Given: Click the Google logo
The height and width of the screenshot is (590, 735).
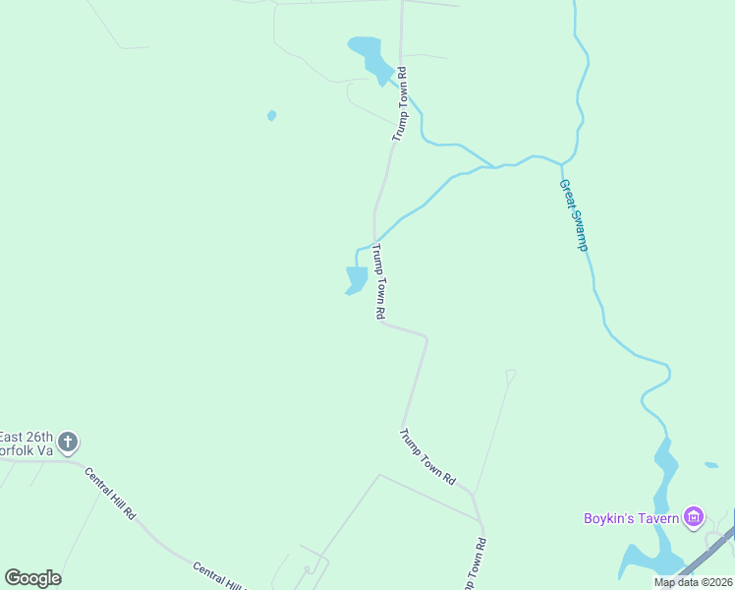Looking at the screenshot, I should click(x=32, y=578).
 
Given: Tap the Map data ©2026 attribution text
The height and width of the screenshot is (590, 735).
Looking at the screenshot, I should click(x=693, y=582).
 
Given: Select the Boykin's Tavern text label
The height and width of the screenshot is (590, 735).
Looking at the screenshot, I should click(x=631, y=517).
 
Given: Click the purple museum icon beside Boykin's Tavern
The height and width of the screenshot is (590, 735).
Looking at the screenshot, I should click(x=695, y=516).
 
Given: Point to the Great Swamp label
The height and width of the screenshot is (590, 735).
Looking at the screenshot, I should click(x=573, y=214).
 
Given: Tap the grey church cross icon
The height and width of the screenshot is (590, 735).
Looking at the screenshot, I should click(x=68, y=442).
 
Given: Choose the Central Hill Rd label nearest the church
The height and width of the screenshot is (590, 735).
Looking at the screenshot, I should click(x=110, y=495).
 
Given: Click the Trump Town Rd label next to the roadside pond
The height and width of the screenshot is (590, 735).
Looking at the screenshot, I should click(x=377, y=282).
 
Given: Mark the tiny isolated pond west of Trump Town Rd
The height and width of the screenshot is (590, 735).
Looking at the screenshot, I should click(x=271, y=115).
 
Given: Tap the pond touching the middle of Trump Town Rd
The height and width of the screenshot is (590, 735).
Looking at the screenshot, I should click(x=357, y=279).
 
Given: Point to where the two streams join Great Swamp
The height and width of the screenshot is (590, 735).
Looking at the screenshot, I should click(x=561, y=162).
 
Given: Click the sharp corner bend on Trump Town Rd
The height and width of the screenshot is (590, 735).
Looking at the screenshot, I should click(x=425, y=338).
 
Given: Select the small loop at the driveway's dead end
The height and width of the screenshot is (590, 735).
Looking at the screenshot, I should click(x=511, y=374).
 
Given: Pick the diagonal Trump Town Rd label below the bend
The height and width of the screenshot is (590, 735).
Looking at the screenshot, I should click(x=428, y=456).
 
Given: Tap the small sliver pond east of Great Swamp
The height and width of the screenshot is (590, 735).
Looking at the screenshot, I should click(x=711, y=464).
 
